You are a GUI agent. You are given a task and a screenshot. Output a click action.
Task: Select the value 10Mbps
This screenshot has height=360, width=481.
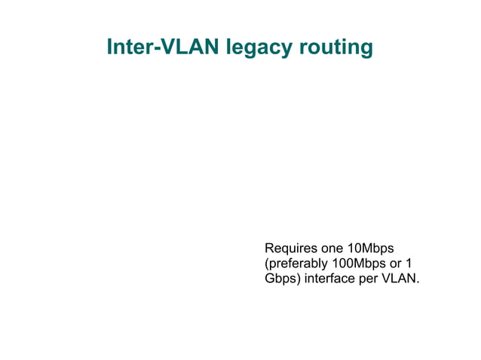pos(372,249)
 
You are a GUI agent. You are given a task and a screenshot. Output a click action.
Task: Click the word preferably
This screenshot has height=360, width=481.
pos(298,264)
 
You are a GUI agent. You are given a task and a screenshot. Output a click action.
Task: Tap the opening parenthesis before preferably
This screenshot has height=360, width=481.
pos(266,264)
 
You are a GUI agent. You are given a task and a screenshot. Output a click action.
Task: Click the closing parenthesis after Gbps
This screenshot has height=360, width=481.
pos(299,279)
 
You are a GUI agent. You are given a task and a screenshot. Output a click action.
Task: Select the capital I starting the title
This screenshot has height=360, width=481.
pos(110,47)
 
